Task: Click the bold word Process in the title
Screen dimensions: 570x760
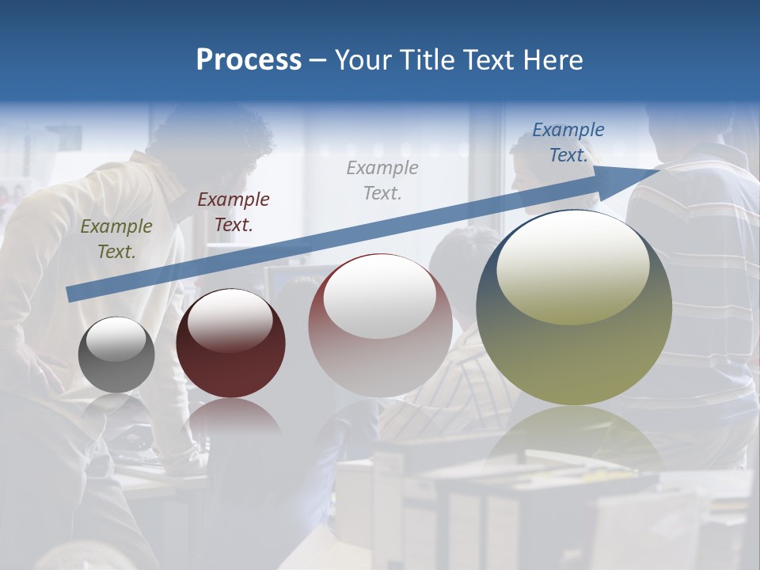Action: click(x=249, y=60)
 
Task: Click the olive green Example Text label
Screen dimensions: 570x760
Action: click(x=116, y=239)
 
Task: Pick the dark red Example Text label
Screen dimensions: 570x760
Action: click(x=234, y=212)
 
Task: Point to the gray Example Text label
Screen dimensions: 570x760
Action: click(x=382, y=180)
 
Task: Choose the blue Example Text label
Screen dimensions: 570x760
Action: click(x=568, y=142)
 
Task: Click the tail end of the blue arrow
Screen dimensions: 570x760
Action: click(x=70, y=294)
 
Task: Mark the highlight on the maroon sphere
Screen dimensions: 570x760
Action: click(x=230, y=320)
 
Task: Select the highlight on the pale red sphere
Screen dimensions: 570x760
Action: click(x=380, y=296)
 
